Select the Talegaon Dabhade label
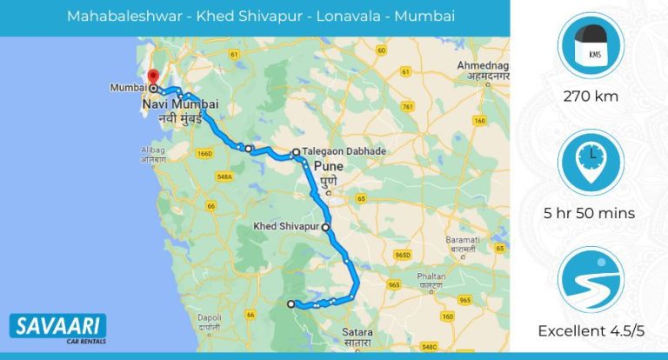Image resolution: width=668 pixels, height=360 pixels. [x=344, y=151]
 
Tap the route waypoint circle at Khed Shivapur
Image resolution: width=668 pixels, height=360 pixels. [x=326, y=227]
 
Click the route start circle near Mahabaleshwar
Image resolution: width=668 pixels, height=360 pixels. [x=291, y=303]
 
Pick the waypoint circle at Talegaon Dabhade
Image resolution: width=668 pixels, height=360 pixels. [x=297, y=152]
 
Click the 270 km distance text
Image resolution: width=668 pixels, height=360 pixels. [x=591, y=96]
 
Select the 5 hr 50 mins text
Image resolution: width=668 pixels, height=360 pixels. [x=591, y=213]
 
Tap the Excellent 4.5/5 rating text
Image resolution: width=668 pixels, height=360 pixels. [x=591, y=330]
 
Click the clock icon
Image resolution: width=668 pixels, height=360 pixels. [x=591, y=161]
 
